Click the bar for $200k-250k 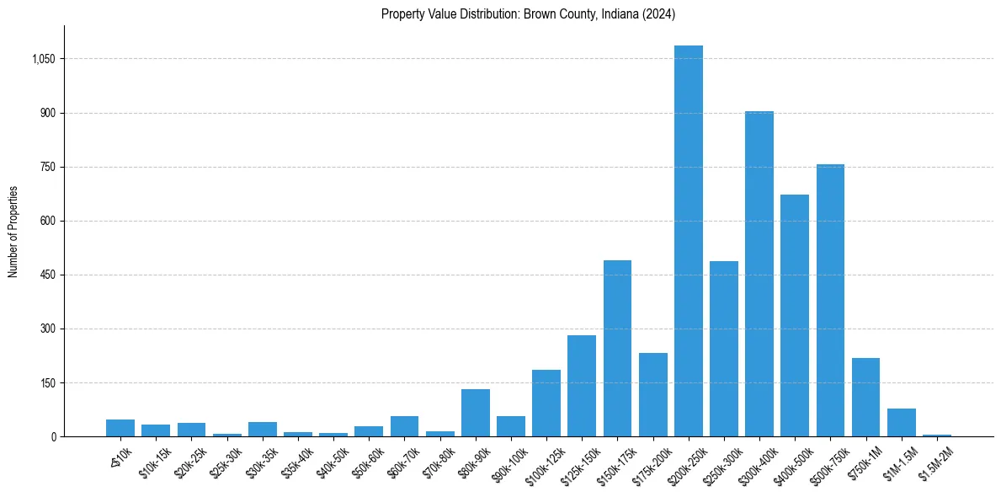tap(688, 241)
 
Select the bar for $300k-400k tap(759, 274)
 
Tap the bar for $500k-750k tap(830, 301)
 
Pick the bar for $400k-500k tap(795, 316)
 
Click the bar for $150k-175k tap(617, 349)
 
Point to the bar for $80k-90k tap(476, 413)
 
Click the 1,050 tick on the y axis tap(44, 59)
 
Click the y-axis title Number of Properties tap(13, 232)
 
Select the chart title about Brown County tap(528, 14)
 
